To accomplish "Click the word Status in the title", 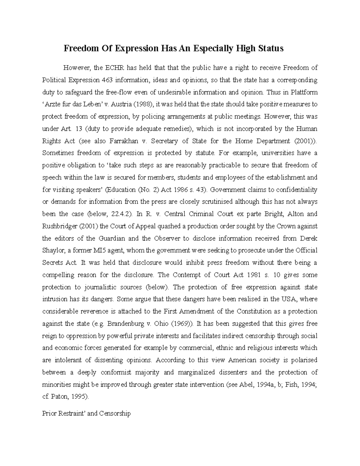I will click(271, 48).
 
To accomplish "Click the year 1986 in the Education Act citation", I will click(173, 190).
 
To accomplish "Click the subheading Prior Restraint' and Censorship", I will click(86, 413).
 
